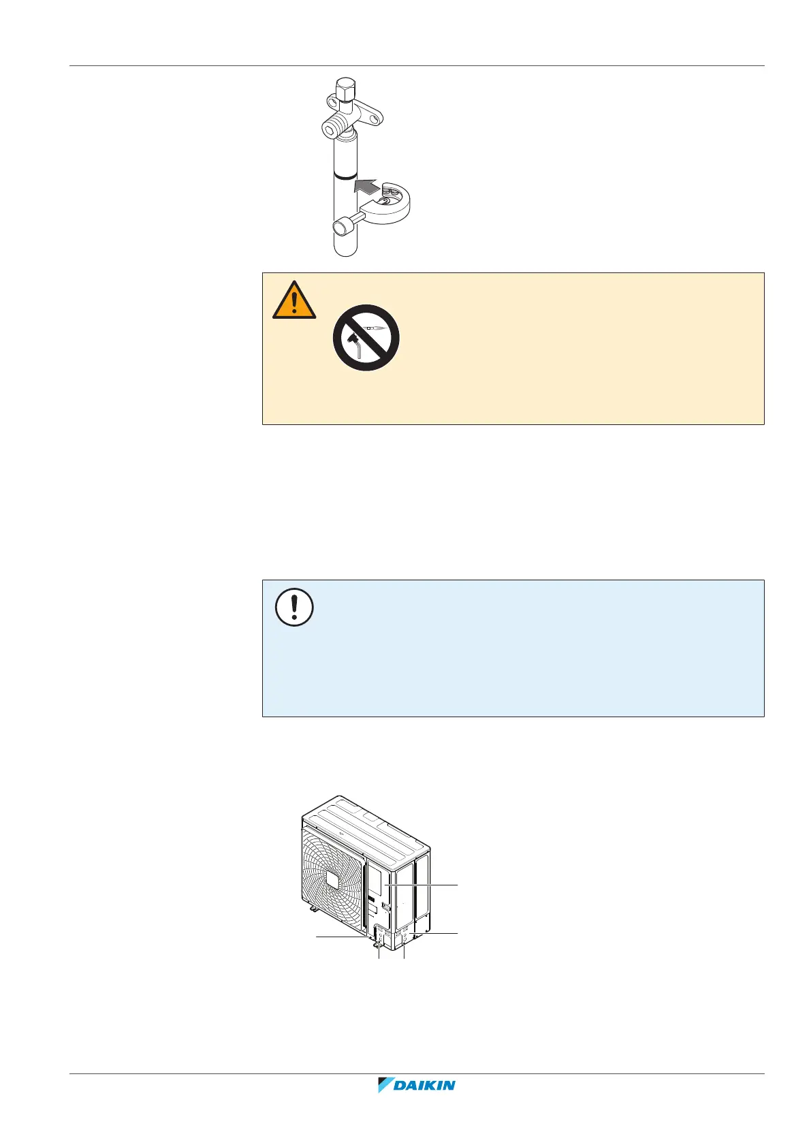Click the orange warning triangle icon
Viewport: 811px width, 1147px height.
click(294, 300)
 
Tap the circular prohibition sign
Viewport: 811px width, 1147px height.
click(366, 337)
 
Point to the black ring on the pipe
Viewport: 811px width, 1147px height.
click(346, 175)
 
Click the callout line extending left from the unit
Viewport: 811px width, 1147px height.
click(340, 937)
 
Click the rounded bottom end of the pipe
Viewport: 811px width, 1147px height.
click(346, 249)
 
